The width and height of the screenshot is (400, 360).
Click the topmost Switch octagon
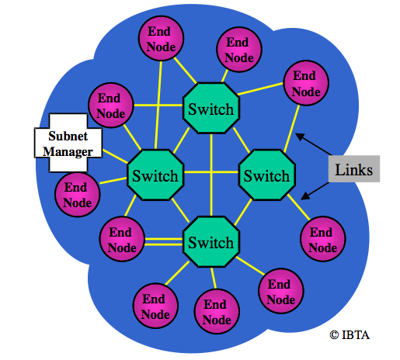coord(211,108)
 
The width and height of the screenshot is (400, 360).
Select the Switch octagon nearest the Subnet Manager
coord(155,175)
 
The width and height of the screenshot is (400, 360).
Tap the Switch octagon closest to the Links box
coord(267,175)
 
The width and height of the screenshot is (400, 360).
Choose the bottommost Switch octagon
coord(211,242)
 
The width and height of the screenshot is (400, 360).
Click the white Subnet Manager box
coord(68,143)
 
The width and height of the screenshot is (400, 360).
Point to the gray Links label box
coord(354,169)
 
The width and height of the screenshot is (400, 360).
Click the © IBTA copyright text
coord(350,335)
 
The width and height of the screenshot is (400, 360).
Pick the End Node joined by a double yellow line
coord(122,239)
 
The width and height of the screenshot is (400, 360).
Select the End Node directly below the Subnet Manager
coord(78,195)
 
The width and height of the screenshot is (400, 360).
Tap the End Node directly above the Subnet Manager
coord(111,106)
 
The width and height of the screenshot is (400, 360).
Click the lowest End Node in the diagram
coord(217,312)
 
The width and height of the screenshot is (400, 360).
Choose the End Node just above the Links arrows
coord(306,83)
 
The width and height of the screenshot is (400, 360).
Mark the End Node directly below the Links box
coord(322,239)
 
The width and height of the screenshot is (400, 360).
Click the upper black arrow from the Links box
coord(313,144)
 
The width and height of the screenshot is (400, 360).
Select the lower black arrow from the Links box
coord(315,191)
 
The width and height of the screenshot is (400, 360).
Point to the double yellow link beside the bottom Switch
coord(164,242)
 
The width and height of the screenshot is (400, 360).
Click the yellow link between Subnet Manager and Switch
coord(115,156)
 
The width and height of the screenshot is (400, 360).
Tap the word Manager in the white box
coord(68,152)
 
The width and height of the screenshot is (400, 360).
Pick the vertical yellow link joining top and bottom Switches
coord(211,175)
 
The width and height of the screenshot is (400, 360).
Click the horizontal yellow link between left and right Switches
coord(211,172)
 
